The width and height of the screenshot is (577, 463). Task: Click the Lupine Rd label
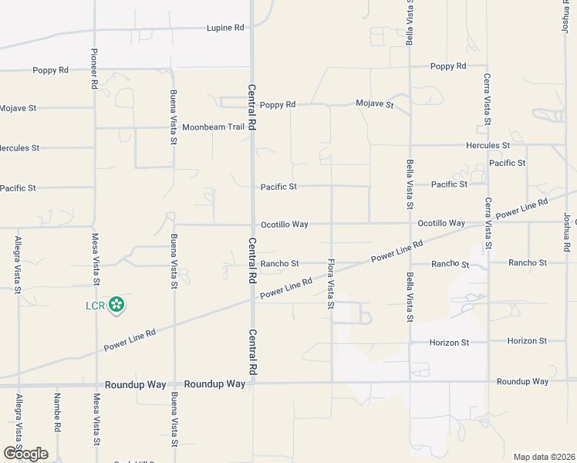point(225,28)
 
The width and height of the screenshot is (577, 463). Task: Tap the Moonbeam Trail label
point(213,127)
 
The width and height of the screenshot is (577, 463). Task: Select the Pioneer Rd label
point(94,67)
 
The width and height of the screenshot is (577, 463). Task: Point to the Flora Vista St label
point(330,283)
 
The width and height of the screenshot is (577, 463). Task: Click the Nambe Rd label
point(56,412)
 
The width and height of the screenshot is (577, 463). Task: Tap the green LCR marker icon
point(116,306)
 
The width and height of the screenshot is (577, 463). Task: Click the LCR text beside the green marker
point(94,306)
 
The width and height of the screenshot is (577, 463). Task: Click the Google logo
point(25,453)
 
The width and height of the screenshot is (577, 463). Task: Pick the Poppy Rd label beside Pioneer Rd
point(50,70)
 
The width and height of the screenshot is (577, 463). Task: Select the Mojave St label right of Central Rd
point(375,103)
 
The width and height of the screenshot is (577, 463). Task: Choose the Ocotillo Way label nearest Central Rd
point(284,225)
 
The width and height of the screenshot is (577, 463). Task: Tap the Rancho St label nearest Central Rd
point(279,264)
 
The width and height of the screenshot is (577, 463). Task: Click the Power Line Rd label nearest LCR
point(130,337)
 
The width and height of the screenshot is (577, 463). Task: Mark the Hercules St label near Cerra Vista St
point(488,145)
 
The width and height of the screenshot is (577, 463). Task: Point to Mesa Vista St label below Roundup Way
point(96,421)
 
